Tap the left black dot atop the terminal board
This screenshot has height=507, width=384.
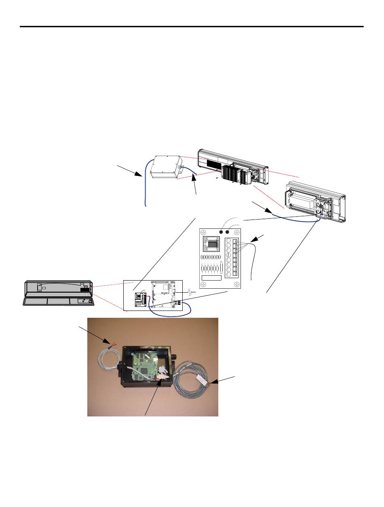[221, 232]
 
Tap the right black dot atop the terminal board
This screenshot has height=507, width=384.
[228, 232]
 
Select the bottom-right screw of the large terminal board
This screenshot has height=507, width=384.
[236, 284]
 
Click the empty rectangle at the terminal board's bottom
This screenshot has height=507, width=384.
[211, 278]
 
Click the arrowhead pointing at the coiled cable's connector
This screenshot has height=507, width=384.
[214, 382]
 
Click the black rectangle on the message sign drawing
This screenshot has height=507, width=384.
[85, 289]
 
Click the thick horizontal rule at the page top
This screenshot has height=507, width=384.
[192, 27]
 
